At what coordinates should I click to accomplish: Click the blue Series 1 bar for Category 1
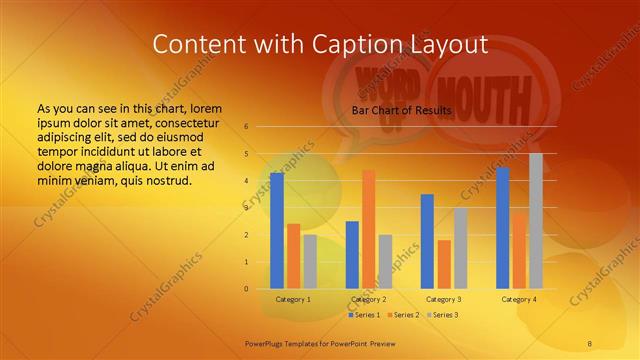click(x=277, y=231)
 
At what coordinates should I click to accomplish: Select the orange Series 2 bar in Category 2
click(x=369, y=229)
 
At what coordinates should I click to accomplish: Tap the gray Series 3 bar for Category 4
click(x=536, y=221)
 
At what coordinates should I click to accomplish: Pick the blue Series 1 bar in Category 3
click(x=427, y=241)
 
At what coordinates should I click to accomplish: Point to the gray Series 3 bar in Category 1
click(x=310, y=261)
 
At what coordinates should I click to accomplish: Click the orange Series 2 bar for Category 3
click(x=444, y=264)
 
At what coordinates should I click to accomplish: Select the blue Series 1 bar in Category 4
click(x=503, y=228)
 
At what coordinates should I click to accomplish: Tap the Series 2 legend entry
click(x=403, y=315)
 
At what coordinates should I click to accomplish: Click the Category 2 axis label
click(x=369, y=299)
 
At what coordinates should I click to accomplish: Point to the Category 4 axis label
click(x=519, y=299)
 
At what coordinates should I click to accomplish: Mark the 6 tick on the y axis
click(x=246, y=127)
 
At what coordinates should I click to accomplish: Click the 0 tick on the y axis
click(x=246, y=289)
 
